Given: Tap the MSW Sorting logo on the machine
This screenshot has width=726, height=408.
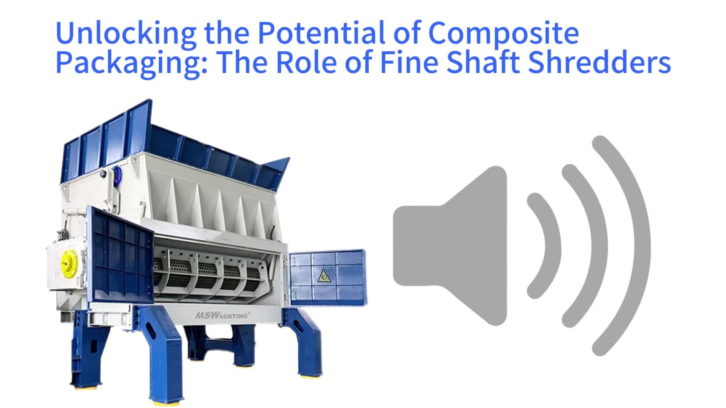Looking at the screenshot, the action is point(222,315).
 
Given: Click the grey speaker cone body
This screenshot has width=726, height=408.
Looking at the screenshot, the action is point(450,246).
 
